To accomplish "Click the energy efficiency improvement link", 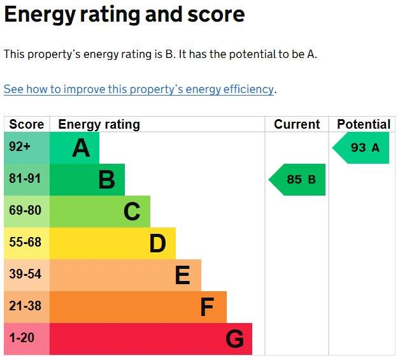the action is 138,89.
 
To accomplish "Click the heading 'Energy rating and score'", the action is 124,14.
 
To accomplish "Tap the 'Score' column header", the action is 27,124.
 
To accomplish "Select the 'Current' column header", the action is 297,124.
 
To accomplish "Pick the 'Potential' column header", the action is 364,124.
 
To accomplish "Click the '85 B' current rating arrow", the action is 297,180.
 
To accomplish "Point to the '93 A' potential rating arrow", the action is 361,148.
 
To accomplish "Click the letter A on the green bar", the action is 81,148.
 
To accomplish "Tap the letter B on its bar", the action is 106,180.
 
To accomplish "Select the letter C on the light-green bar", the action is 132,212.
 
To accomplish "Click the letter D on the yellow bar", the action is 157,243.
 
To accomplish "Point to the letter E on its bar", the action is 183,275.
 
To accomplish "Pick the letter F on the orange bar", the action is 207,307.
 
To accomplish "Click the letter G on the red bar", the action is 234,339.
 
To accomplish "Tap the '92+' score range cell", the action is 27,148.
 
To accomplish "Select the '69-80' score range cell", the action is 27,212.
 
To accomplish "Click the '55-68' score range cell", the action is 27,243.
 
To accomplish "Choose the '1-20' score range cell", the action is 27,339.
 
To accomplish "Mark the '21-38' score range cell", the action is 27,307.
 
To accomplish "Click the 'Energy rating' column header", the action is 99,124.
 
